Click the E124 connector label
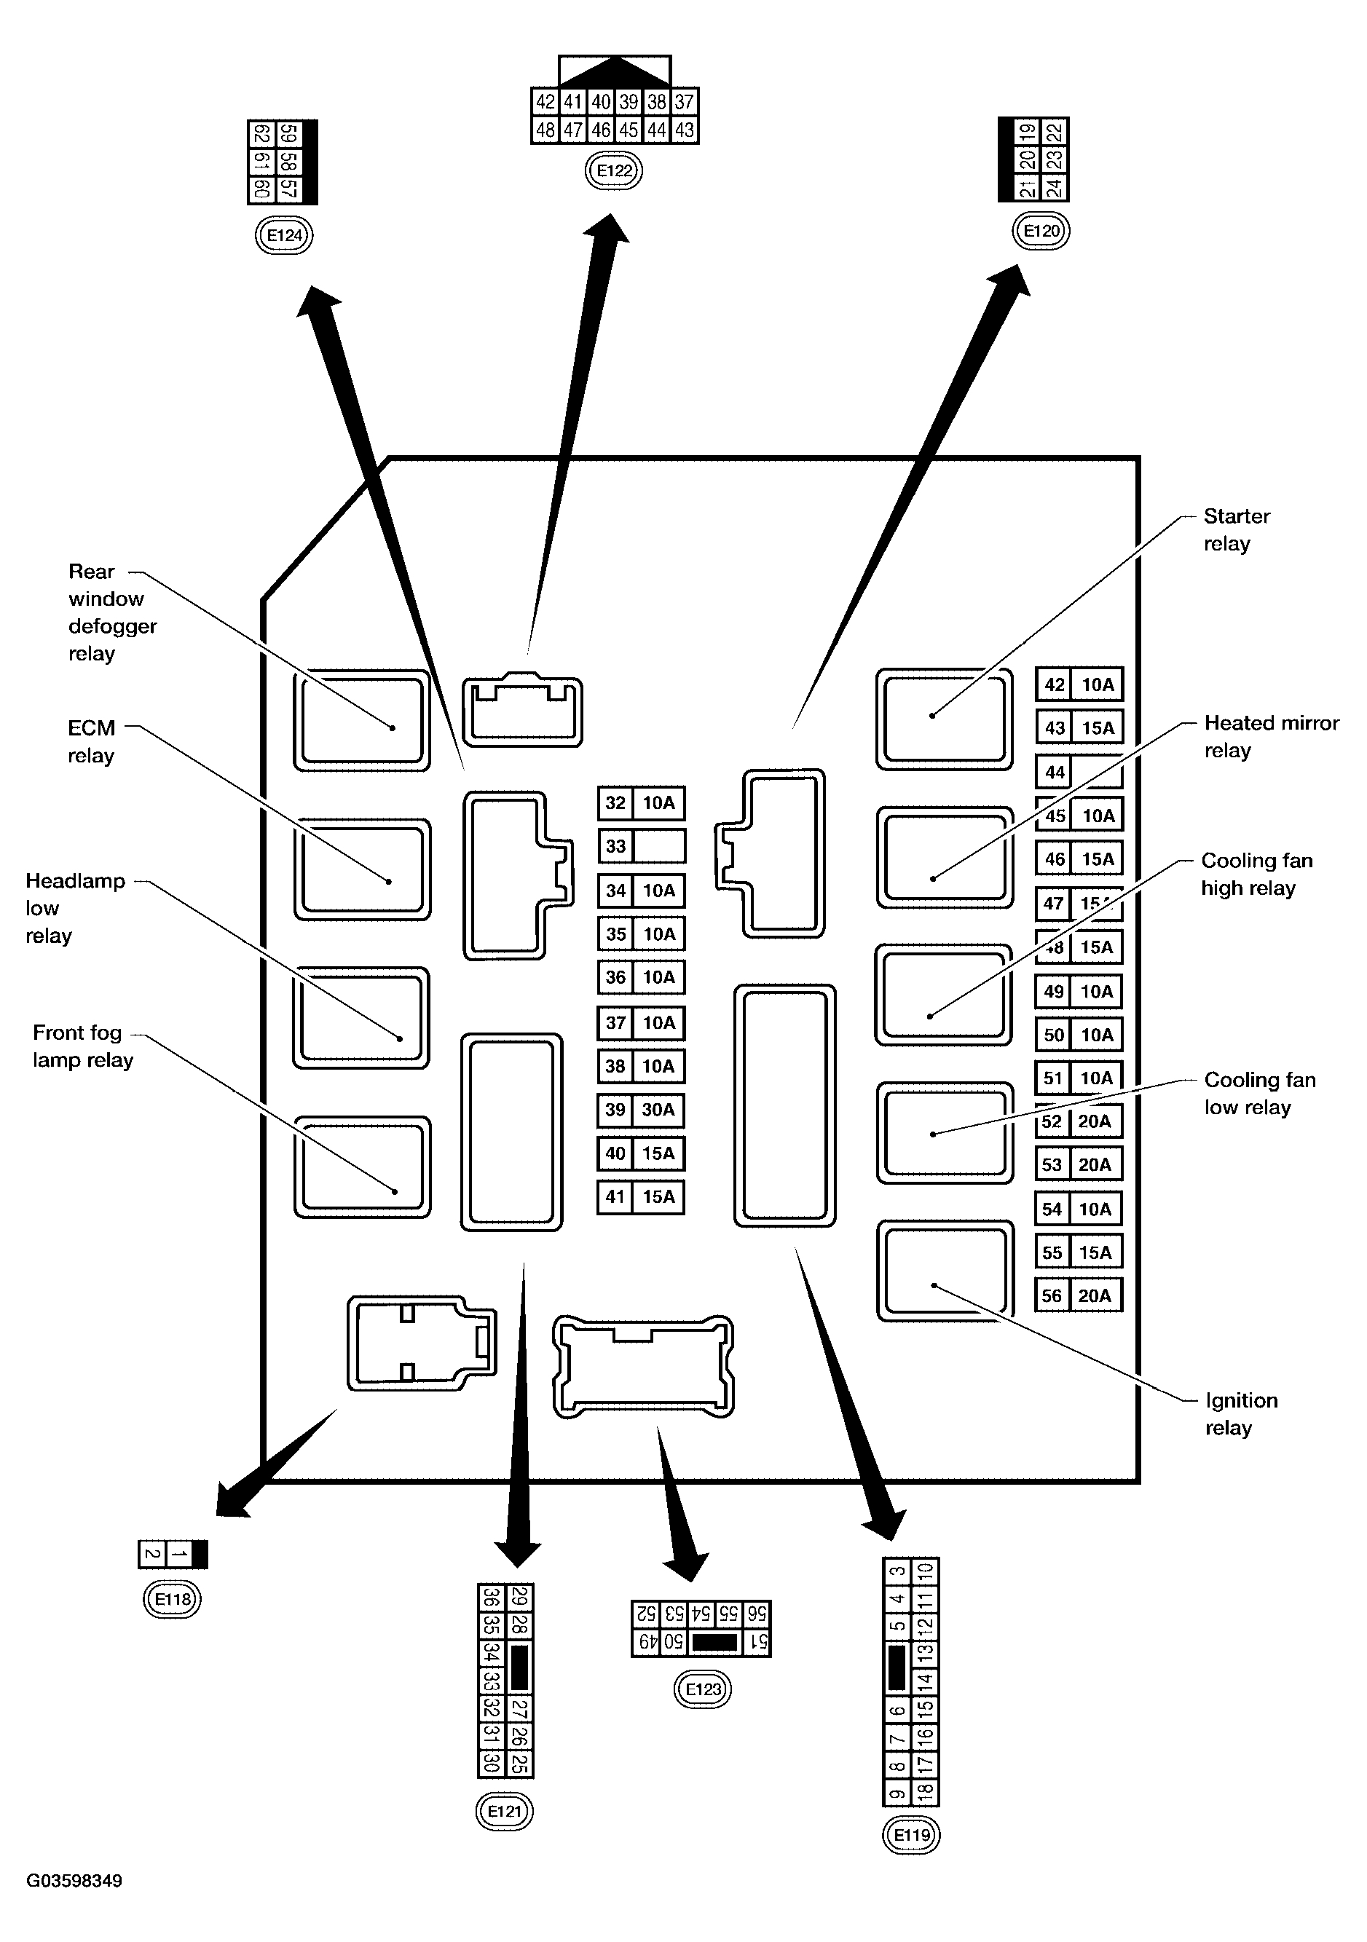point(284,235)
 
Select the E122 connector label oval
point(614,171)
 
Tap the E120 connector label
point(1041,231)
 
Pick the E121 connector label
point(505,1811)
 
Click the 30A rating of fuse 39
point(658,1110)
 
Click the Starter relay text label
point(1236,529)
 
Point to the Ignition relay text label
point(1241,1413)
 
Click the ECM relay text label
point(91,741)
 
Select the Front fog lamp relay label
point(83,1046)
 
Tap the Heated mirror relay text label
point(1271,736)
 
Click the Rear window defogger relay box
point(361,721)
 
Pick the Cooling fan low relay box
point(944,1132)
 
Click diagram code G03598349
point(74,1880)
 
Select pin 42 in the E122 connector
point(545,103)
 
